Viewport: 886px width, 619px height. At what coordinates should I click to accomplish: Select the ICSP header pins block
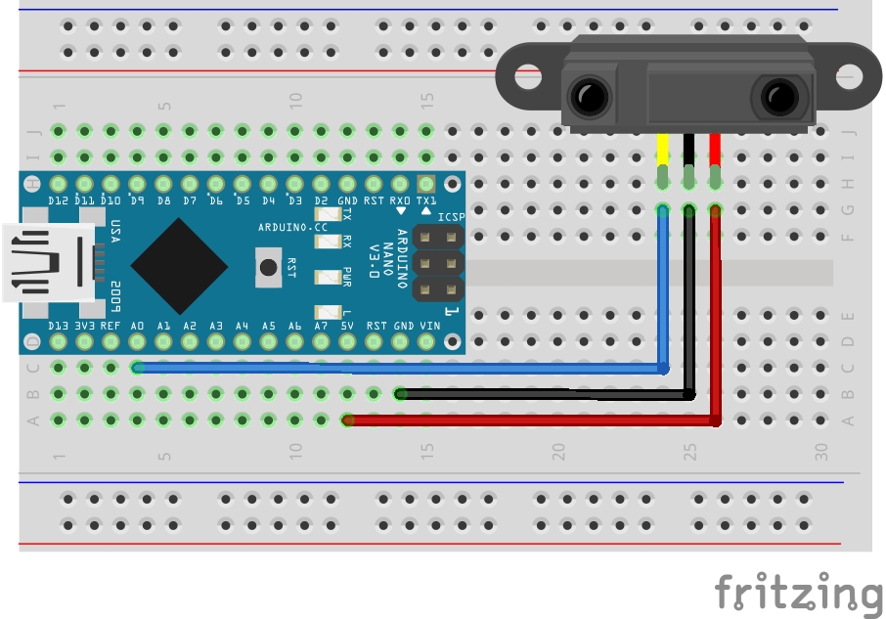(x=438, y=263)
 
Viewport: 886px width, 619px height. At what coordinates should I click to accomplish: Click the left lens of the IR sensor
(x=589, y=97)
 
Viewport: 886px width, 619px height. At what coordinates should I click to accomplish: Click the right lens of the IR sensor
(x=777, y=97)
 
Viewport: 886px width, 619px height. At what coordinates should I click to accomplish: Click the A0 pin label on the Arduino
(x=137, y=326)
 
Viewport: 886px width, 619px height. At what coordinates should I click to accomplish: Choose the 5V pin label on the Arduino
(x=347, y=326)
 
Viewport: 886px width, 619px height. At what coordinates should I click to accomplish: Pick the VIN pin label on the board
(x=429, y=326)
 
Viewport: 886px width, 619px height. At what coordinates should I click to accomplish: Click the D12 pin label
(x=59, y=200)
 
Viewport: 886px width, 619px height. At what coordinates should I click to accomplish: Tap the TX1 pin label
(x=426, y=200)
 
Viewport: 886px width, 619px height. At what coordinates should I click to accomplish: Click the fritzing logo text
(x=797, y=593)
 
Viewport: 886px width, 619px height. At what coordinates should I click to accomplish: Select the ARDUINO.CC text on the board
(x=292, y=227)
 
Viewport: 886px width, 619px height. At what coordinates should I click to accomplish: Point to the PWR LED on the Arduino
(x=321, y=277)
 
